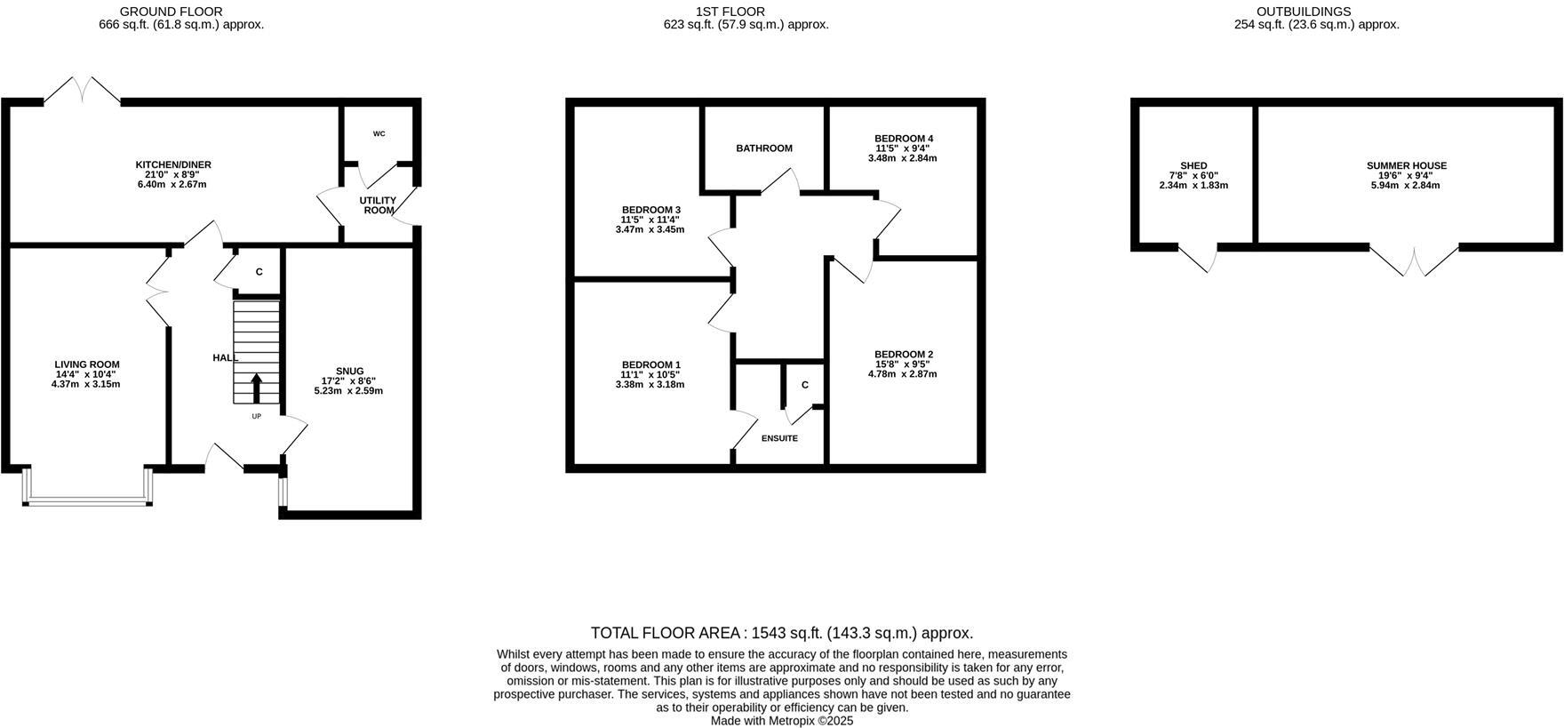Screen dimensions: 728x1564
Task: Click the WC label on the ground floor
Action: coord(379,134)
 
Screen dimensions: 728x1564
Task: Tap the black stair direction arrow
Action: coord(257,388)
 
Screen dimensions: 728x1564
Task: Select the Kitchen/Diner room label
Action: coord(173,165)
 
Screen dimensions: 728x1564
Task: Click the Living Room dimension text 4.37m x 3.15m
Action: coord(87,384)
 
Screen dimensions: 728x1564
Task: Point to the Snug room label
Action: coord(350,372)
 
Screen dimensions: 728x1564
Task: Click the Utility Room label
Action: coord(378,205)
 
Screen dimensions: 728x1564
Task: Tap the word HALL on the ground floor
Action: coord(225,357)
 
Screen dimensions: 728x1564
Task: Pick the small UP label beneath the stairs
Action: coord(257,416)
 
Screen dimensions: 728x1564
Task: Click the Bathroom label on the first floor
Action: coord(764,148)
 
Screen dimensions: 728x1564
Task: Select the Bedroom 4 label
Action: coord(904,139)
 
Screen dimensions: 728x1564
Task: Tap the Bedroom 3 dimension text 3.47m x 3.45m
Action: coord(650,229)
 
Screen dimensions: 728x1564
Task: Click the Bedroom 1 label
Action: coord(650,365)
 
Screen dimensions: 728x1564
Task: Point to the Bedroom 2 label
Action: coord(903,355)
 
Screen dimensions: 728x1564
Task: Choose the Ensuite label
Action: coord(779,438)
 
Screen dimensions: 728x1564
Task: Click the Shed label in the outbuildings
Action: coord(1193,166)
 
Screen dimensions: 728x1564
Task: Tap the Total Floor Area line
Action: coord(782,633)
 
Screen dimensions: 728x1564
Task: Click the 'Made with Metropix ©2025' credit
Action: coord(782,721)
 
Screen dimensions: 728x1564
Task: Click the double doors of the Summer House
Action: coord(1414,261)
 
